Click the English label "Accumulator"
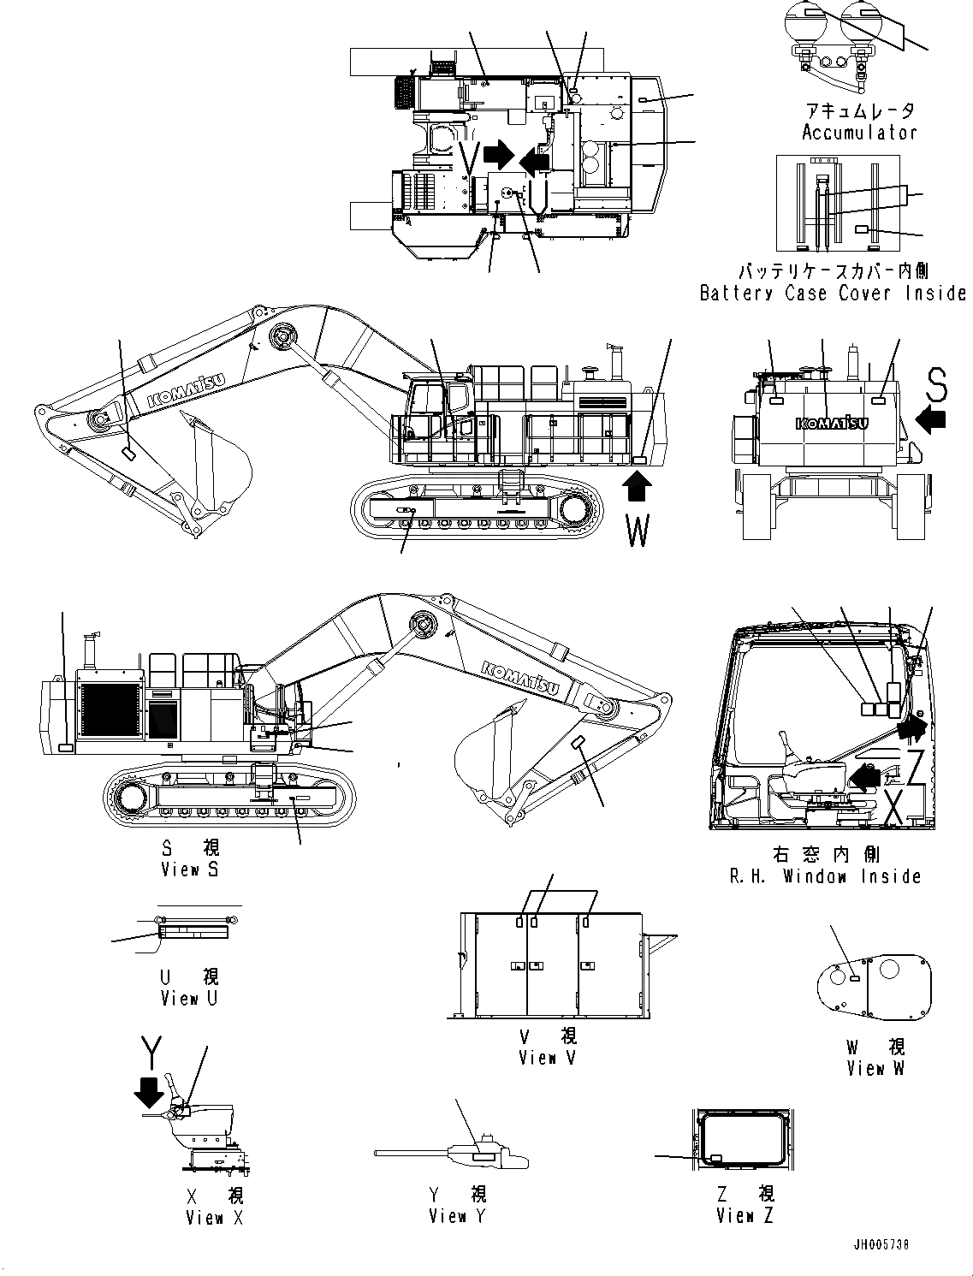pyautogui.click(x=858, y=133)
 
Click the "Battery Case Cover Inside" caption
pyautogui.click(x=832, y=294)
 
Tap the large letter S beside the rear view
pyautogui.click(x=936, y=387)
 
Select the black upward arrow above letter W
pyautogui.click(x=637, y=489)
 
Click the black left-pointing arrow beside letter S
pyautogui.click(x=930, y=419)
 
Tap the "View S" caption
pyautogui.click(x=190, y=869)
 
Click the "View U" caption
pyautogui.click(x=189, y=999)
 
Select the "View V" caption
pyautogui.click(x=548, y=1058)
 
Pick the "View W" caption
pyautogui.click(x=875, y=1068)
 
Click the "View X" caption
pyautogui.click(x=214, y=1217)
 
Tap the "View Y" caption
pyautogui.click(x=457, y=1216)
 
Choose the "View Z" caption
pyautogui.click(x=745, y=1216)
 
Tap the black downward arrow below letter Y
pyautogui.click(x=151, y=1092)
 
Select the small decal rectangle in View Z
pyautogui.click(x=715, y=1157)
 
